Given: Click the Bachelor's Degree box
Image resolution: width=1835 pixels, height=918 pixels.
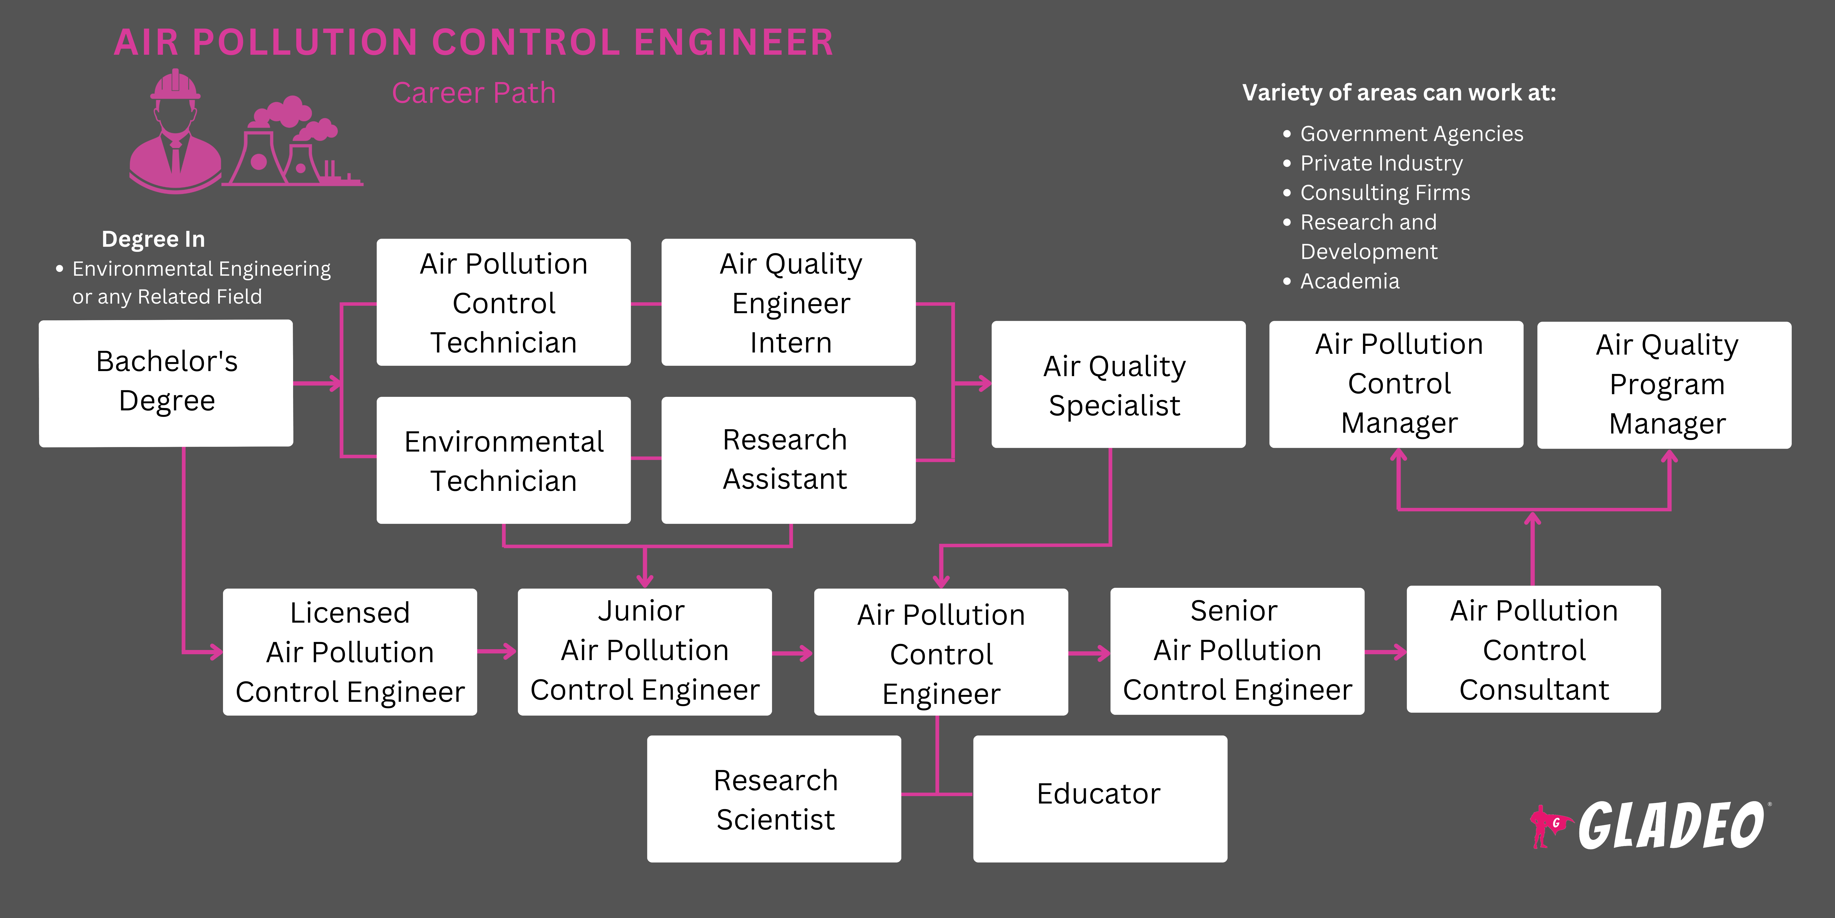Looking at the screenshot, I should click(x=166, y=383).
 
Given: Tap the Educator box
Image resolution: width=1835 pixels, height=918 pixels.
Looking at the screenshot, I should click(x=1099, y=798).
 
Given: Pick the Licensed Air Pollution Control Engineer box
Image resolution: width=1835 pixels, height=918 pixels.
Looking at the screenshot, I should click(x=350, y=651).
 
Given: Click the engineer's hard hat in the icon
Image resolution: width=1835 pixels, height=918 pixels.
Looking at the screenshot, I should click(x=175, y=86).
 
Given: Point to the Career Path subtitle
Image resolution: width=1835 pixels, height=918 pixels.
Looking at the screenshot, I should click(x=474, y=93).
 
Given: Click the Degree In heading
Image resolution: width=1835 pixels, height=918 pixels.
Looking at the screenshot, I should click(x=153, y=239).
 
